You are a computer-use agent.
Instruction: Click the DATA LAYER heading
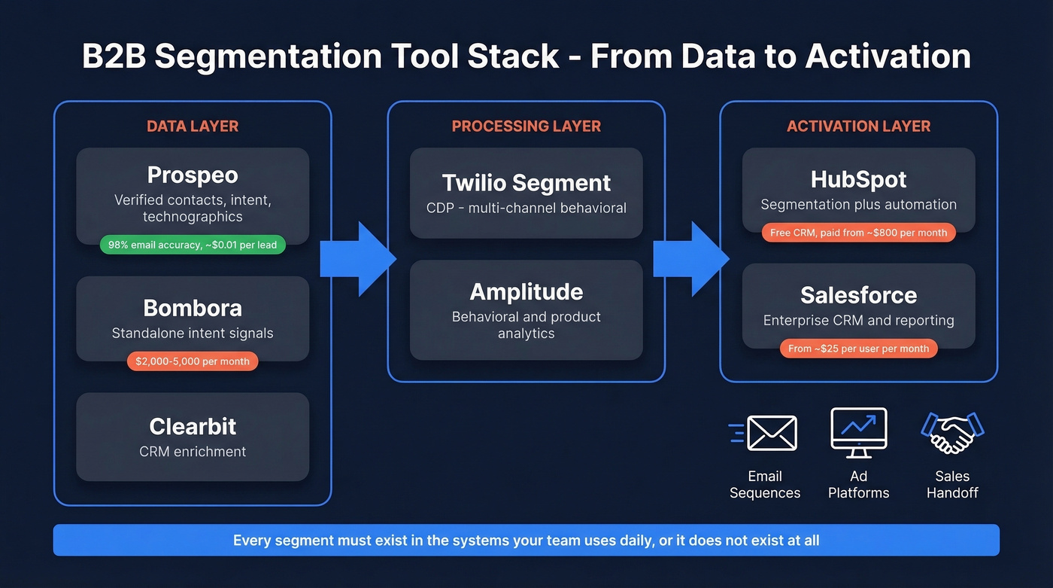click(193, 126)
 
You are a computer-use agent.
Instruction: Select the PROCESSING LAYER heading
click(526, 126)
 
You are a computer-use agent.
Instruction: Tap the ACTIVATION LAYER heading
click(858, 126)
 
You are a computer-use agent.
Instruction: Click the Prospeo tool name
click(193, 175)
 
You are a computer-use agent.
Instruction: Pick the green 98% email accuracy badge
click(193, 245)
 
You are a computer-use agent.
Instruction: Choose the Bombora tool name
click(193, 308)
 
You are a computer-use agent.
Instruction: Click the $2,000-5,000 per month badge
click(193, 361)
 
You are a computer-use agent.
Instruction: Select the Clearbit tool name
click(193, 426)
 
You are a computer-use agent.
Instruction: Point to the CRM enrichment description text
click(193, 452)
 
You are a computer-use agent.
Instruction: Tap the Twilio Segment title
click(526, 183)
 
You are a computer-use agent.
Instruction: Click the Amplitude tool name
click(526, 291)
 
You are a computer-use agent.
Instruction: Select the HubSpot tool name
click(858, 179)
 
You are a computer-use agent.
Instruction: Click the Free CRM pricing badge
click(858, 233)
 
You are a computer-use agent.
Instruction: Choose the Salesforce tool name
click(858, 294)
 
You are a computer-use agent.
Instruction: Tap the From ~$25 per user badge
click(858, 349)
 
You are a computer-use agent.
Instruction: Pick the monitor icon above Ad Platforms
click(858, 431)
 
